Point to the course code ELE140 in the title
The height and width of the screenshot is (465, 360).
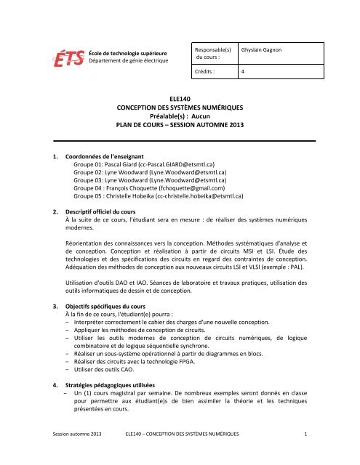pyautogui.click(x=179, y=97)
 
